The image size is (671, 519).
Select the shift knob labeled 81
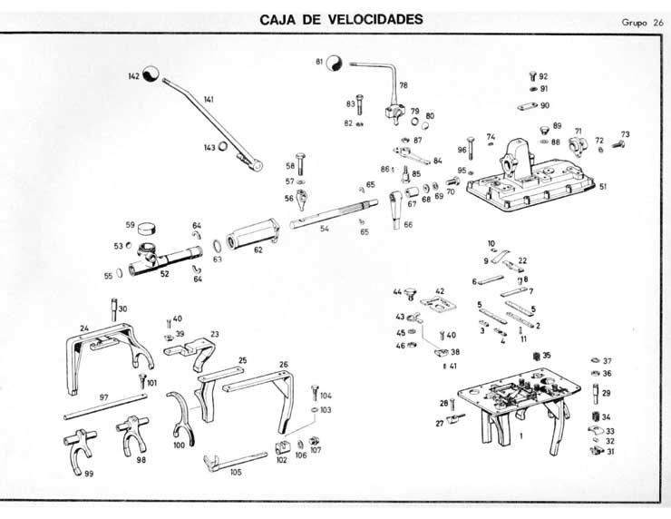point(334,63)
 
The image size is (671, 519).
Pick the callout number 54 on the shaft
point(324,229)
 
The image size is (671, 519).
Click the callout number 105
point(237,471)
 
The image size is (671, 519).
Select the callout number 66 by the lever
point(407,225)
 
